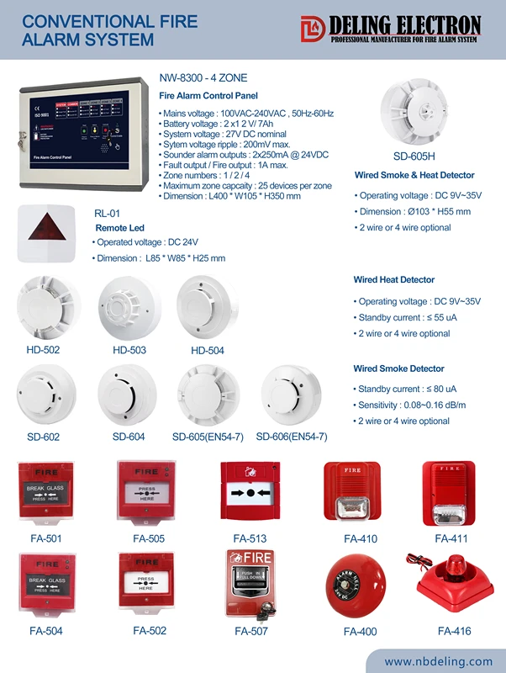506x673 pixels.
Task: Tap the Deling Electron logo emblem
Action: (312, 29)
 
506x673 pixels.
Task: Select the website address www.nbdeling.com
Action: (439, 661)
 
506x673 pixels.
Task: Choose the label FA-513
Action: (250, 538)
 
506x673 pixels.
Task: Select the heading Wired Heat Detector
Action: (393, 279)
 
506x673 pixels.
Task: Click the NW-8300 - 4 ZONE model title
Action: (203, 77)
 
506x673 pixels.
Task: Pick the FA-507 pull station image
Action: (250, 582)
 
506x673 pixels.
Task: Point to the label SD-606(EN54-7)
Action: (291, 437)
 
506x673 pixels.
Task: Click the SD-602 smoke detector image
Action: (43, 396)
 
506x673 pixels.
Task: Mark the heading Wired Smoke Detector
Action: (398, 368)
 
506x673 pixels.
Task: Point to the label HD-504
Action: (208, 350)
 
